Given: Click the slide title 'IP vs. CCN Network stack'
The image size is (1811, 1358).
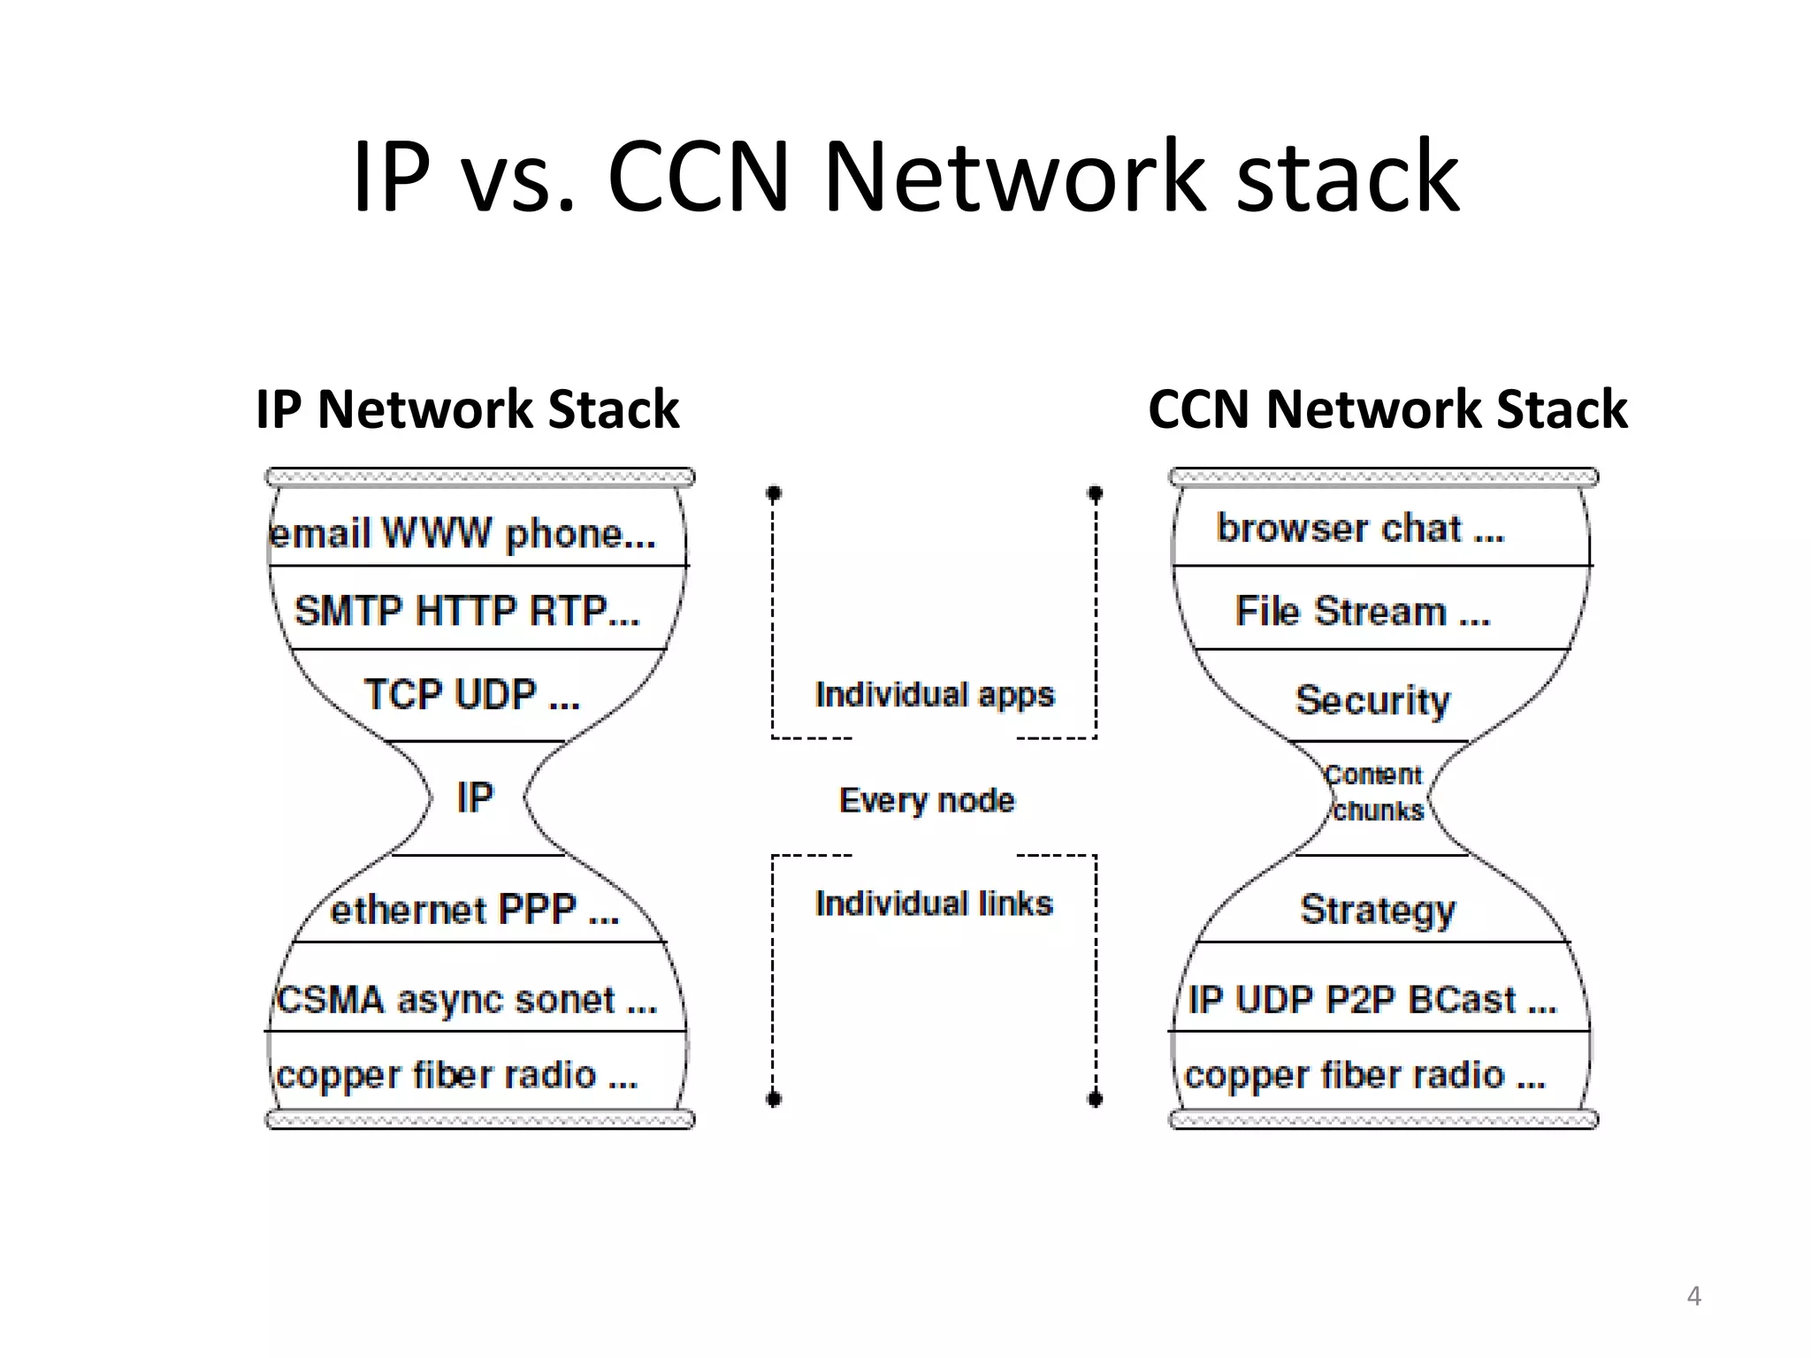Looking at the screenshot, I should pos(905,177).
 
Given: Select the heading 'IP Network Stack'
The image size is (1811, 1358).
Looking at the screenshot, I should pos(467,409).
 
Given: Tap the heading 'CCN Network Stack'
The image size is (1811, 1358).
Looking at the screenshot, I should pos(1387,409).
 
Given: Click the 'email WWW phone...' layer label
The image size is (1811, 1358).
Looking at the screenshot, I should pos(462,534).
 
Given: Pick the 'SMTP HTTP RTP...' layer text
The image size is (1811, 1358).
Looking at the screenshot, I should pos(467,611).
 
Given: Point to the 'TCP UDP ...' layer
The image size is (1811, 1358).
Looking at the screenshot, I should pos(471,695).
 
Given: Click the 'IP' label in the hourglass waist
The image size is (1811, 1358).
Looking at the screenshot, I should pos(475,797).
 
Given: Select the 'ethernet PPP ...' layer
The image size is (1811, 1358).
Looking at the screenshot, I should pos(475,910).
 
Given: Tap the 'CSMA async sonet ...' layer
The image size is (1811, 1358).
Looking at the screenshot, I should pos(466,1000).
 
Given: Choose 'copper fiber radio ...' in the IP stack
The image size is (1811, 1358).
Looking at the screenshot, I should pos(457,1075).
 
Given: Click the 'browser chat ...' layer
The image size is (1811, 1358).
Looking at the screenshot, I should pos(1360,529).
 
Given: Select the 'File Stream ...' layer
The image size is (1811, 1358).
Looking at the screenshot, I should pos(1363,612).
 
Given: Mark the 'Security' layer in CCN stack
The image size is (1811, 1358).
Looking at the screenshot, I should pos(1372,700).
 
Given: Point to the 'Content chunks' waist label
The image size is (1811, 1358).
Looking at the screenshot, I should pos(1375,793).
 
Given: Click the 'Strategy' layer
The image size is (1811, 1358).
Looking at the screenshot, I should pos(1377,910).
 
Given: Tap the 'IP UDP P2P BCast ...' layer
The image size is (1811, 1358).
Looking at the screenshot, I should pos(1372,1000).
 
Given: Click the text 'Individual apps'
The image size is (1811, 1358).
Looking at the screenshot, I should pos(935,695).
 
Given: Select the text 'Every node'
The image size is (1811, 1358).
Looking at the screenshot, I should pos(927,800).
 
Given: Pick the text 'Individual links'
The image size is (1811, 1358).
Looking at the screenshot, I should pos(934,904).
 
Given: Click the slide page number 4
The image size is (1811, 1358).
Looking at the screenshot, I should pos(1693,1296).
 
